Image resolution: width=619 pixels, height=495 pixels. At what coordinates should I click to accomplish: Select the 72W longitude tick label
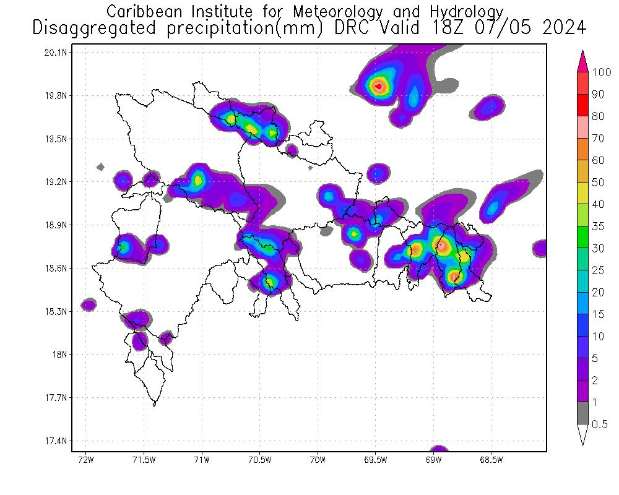(x=85, y=460)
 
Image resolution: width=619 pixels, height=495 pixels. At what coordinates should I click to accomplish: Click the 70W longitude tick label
(x=318, y=460)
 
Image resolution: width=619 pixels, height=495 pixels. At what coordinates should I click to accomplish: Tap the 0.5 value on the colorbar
(x=600, y=424)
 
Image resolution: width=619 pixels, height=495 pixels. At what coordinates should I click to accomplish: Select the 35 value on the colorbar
(x=598, y=226)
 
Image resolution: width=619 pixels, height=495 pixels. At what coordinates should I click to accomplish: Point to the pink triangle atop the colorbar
(x=582, y=61)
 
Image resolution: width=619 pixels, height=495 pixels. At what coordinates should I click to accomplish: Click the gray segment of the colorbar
(x=582, y=413)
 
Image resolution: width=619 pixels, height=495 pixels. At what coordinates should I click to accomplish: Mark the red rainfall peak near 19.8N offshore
(x=378, y=86)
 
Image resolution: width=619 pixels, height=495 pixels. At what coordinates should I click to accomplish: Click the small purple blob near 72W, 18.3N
(x=89, y=304)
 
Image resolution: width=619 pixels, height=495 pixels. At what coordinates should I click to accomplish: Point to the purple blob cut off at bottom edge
(x=439, y=449)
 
